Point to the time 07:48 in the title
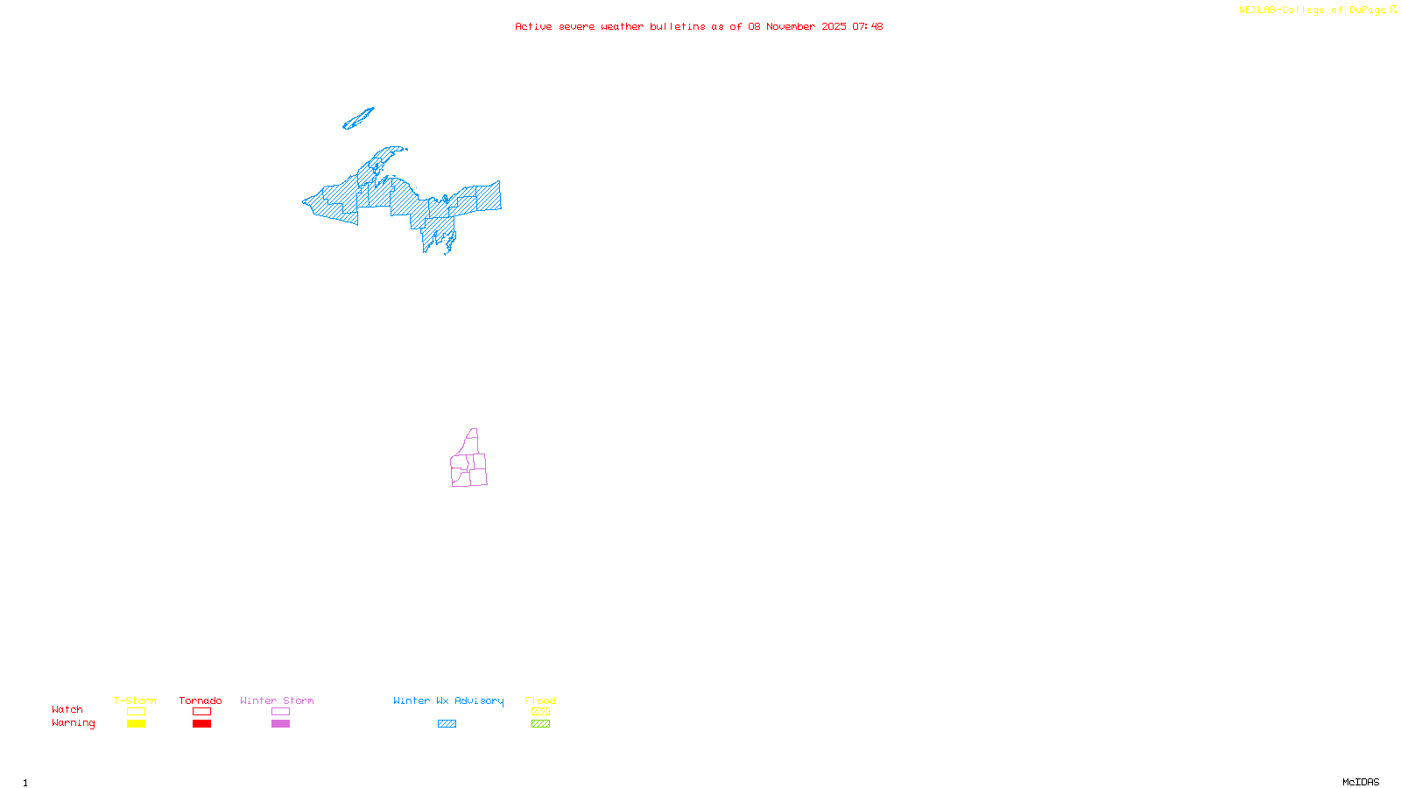pyautogui.click(x=867, y=26)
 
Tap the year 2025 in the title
pyautogui.click(x=834, y=26)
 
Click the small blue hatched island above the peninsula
pyautogui.click(x=358, y=118)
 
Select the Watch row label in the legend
pyautogui.click(x=67, y=709)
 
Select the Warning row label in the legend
pyautogui.click(x=73, y=723)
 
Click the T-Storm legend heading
pyautogui.click(x=135, y=700)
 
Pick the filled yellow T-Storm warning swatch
pyautogui.click(x=136, y=724)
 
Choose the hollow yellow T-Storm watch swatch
pyautogui.click(x=136, y=712)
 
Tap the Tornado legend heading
pyautogui.click(x=201, y=700)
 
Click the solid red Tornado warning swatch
pyautogui.click(x=202, y=724)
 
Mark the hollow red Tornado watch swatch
pyautogui.click(x=202, y=712)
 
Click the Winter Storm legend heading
pyautogui.click(x=277, y=700)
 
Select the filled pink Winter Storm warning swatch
pyautogui.click(x=280, y=724)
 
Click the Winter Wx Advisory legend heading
pyautogui.click(x=448, y=700)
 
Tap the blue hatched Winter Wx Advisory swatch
pyautogui.click(x=447, y=724)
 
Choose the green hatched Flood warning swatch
pyautogui.click(x=540, y=724)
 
